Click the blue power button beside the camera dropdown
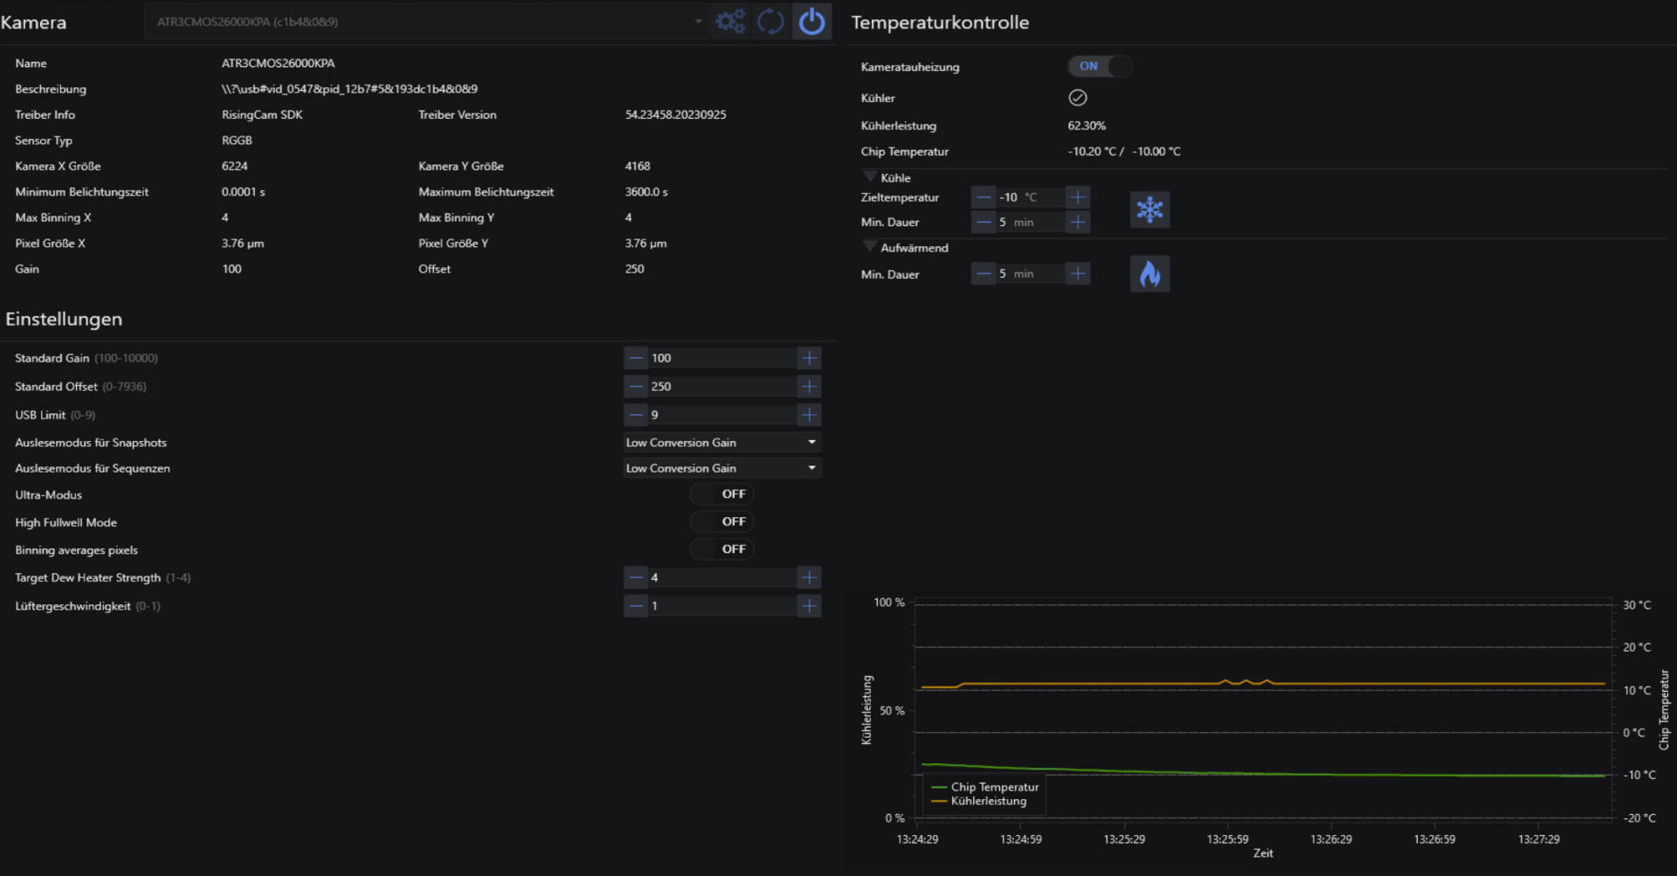click(811, 21)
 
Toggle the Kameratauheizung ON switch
click(1100, 66)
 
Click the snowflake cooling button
click(1149, 210)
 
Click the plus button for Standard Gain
click(810, 358)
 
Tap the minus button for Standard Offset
click(636, 386)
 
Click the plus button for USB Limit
click(810, 415)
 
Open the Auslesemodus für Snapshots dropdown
click(722, 443)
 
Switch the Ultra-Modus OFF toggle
click(721, 494)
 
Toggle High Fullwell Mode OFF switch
click(721, 521)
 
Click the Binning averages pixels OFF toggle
click(721, 549)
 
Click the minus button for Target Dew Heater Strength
click(636, 577)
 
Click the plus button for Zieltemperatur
click(1078, 197)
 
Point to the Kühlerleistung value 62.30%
click(1087, 126)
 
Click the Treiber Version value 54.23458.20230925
click(675, 114)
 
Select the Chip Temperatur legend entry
click(986, 787)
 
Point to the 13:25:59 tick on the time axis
click(1227, 839)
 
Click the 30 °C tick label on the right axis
click(1637, 605)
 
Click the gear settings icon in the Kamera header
click(730, 21)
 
